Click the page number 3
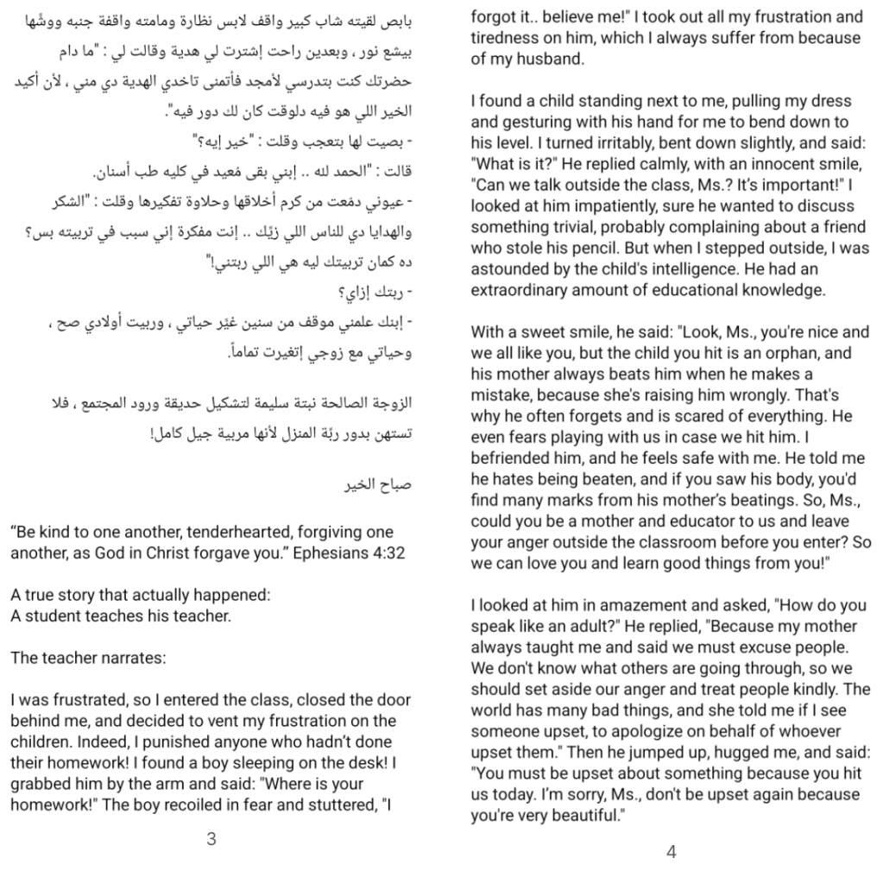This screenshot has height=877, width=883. point(211,838)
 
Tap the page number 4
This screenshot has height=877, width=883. point(672,851)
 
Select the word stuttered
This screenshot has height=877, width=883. point(329,804)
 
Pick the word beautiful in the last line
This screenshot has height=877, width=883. point(581,815)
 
